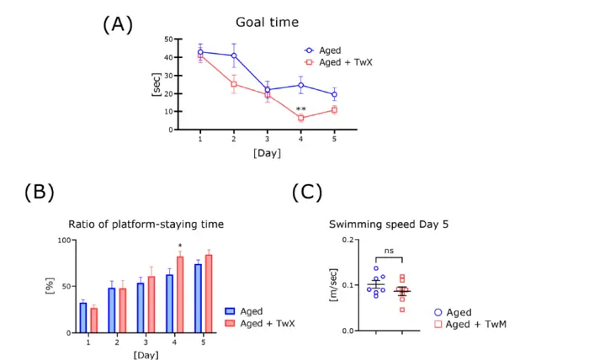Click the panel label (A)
(x=118, y=24)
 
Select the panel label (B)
(x=39, y=192)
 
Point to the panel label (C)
(x=307, y=192)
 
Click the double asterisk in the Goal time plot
(x=300, y=109)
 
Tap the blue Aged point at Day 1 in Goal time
(x=200, y=52)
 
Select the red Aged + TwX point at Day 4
(x=300, y=118)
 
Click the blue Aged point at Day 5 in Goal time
(x=334, y=94)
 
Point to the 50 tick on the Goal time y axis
(x=167, y=40)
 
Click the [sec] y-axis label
(x=156, y=85)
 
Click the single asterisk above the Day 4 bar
(x=180, y=247)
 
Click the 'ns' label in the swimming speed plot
(x=389, y=251)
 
